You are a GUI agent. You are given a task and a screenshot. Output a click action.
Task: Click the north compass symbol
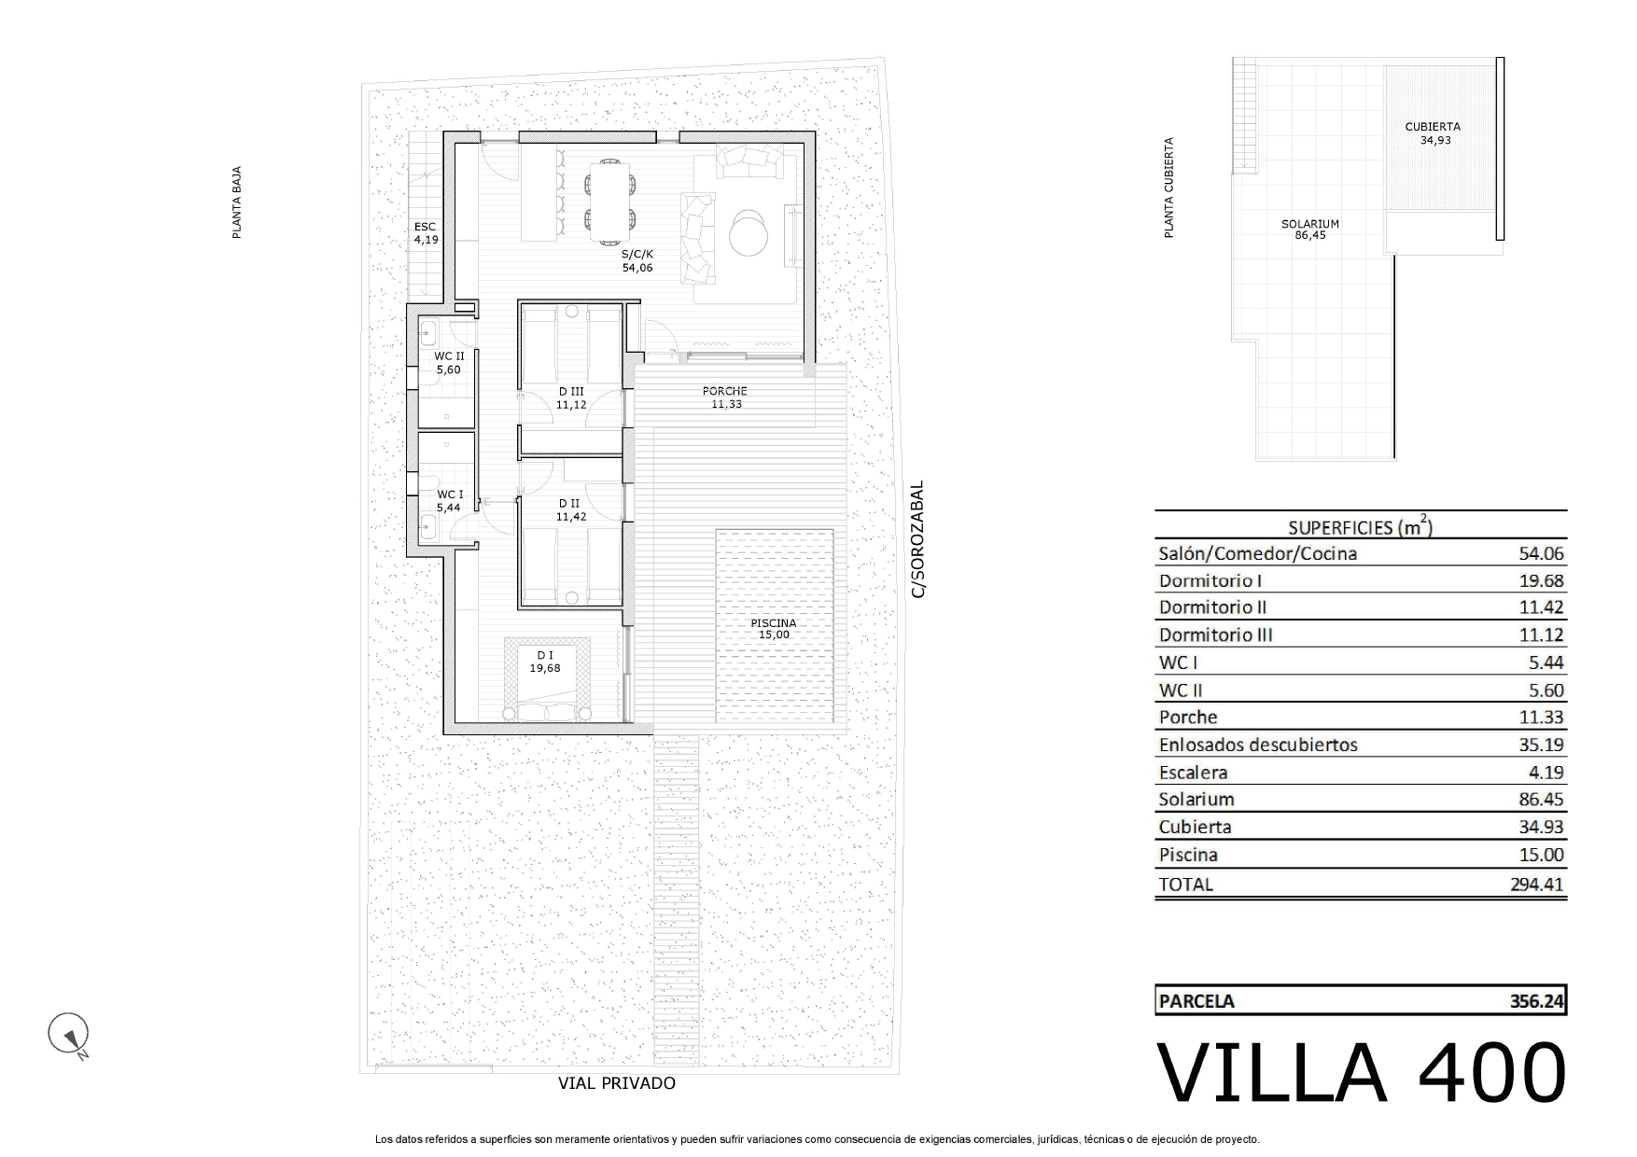click(68, 1034)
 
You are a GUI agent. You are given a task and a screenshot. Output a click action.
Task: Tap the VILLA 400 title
click(1361, 1073)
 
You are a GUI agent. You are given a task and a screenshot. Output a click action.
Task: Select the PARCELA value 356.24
click(1536, 1001)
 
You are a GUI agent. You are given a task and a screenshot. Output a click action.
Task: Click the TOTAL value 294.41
click(1536, 884)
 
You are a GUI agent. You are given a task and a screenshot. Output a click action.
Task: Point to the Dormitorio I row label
click(1210, 580)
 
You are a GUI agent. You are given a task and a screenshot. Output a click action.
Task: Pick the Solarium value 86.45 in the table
click(1541, 800)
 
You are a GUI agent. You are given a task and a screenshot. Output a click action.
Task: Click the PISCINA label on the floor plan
click(774, 623)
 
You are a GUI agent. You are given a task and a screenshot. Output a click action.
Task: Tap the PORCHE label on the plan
click(725, 391)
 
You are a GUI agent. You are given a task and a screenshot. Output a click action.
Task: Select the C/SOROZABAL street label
click(917, 539)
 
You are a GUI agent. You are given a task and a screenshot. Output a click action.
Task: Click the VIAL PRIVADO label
click(617, 1083)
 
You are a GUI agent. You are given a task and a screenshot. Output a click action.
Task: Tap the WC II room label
click(449, 356)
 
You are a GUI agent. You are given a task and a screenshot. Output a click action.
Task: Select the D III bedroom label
click(570, 392)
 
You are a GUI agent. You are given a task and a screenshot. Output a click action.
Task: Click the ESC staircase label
click(426, 227)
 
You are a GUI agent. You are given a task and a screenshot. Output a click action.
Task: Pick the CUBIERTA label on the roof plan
click(1433, 127)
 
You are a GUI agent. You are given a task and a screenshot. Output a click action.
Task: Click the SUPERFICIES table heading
click(1360, 526)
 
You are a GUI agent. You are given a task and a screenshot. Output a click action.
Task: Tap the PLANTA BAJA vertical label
click(237, 202)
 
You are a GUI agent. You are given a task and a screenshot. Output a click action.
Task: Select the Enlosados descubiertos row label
click(1258, 745)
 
